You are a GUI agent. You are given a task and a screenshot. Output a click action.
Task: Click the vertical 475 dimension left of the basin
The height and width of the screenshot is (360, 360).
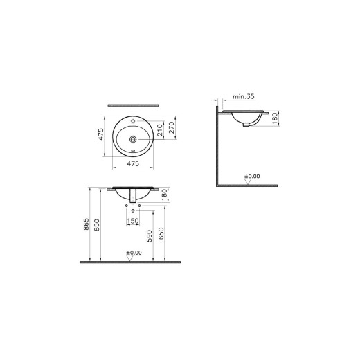click(x=101, y=134)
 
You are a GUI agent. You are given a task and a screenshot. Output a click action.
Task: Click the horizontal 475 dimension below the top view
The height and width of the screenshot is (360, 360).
click(x=134, y=164)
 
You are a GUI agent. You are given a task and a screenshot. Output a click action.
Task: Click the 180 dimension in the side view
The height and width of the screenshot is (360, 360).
click(x=276, y=119)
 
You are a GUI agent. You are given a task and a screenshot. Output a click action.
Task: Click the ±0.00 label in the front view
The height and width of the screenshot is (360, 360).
click(x=134, y=253)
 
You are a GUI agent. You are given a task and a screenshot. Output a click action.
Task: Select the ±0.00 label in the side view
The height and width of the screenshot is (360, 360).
click(x=252, y=177)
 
